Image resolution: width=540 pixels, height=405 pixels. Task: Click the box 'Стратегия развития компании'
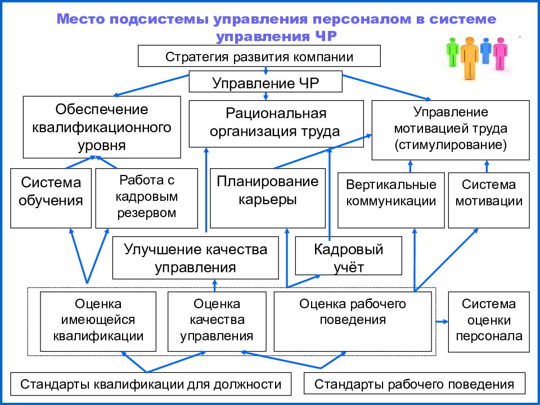pos(259,56)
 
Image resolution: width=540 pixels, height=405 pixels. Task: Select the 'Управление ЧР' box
pos(265,82)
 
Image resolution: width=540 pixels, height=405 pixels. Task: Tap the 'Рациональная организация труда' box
pos(276,124)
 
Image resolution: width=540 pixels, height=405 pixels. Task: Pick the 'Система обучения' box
pos(51,198)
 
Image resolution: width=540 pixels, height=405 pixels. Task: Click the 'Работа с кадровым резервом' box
pos(147,198)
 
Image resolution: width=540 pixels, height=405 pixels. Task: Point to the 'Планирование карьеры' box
pos(268,198)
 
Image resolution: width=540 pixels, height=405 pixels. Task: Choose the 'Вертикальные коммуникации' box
pos(391,200)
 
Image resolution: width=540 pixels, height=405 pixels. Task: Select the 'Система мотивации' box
pos(489,200)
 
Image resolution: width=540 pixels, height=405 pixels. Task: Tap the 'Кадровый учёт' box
pos(349,255)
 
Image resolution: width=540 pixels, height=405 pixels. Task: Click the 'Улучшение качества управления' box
pos(196,258)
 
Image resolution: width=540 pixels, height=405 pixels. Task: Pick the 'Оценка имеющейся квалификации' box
pos(98,322)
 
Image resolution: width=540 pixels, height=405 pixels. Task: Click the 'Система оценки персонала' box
pos(489,322)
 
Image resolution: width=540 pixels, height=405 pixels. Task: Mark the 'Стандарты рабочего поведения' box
pos(415,383)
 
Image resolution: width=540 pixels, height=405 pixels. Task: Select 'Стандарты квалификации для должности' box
pos(151,384)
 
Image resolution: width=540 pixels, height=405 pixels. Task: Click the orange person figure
pos(469,57)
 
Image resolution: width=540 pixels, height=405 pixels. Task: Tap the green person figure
pos(452,52)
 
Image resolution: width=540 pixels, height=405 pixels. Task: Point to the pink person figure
pos(500,53)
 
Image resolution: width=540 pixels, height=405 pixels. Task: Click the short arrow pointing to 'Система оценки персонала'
pos(442,322)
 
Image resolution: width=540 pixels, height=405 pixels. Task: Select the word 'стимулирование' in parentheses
pos(451,145)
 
